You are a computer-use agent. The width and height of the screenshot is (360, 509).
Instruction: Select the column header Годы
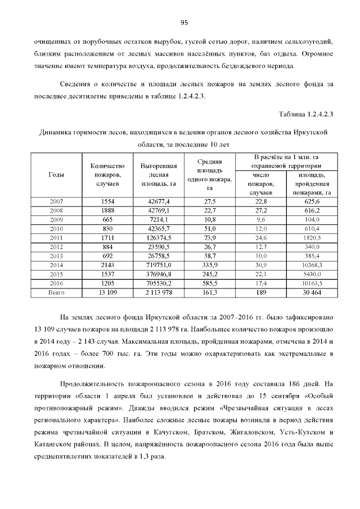tap(57, 175)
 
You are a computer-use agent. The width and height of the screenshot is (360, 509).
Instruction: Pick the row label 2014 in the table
tap(57, 264)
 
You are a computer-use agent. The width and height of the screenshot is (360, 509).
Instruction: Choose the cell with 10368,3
tap(312, 264)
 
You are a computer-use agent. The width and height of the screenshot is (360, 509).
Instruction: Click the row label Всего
tap(57, 292)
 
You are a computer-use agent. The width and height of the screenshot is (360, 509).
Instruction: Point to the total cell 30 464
tap(312, 292)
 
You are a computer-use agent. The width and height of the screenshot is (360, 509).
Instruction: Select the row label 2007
tap(57, 201)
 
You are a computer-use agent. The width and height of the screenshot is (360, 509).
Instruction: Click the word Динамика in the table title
tap(57, 132)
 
